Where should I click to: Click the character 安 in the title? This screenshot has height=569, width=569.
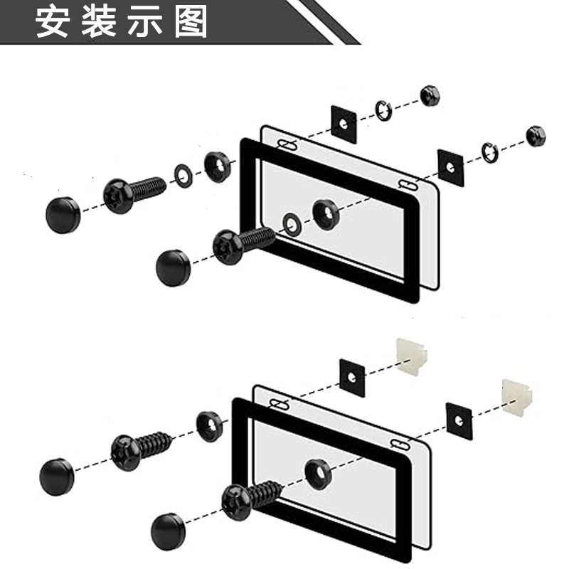click(x=53, y=22)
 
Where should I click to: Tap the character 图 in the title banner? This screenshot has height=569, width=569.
click(x=191, y=22)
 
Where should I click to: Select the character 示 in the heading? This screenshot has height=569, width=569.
click(x=145, y=22)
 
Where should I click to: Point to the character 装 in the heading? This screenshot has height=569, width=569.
click(x=99, y=22)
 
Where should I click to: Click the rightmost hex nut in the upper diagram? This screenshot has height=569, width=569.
click(x=536, y=136)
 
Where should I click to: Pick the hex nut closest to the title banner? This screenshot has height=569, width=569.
click(x=430, y=96)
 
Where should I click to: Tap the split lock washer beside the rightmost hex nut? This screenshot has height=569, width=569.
click(x=489, y=152)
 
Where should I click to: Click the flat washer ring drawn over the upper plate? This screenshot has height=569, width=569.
click(x=292, y=225)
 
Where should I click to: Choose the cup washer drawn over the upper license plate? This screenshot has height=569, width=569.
click(x=326, y=214)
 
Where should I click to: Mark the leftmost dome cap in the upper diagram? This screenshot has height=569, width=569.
click(x=63, y=216)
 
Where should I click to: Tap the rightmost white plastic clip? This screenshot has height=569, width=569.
click(x=517, y=398)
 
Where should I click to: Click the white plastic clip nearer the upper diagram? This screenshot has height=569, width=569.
click(x=412, y=357)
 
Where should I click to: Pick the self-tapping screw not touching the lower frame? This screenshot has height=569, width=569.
click(x=142, y=450)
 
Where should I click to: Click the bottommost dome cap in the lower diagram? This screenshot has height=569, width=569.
click(x=168, y=531)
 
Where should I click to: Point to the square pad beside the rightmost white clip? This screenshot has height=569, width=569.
click(x=459, y=421)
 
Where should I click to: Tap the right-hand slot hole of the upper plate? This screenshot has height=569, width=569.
click(x=408, y=185)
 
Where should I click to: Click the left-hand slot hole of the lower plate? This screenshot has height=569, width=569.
click(x=279, y=404)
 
